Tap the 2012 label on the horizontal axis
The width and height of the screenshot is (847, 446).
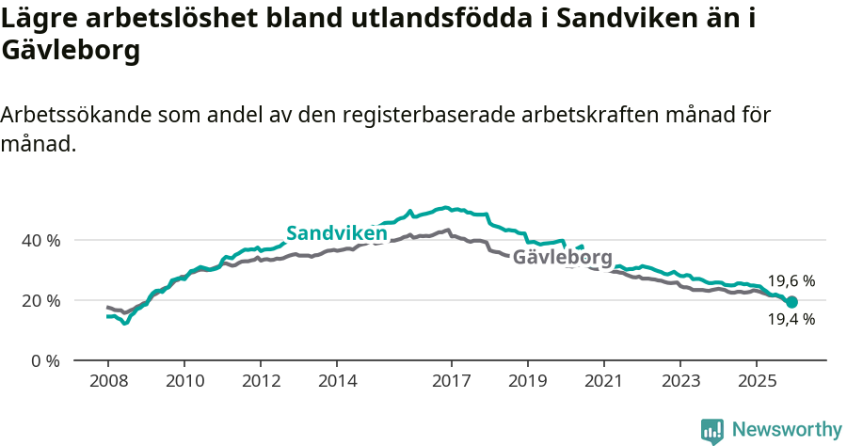click(x=261, y=381)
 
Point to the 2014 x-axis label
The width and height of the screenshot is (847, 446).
click(x=337, y=381)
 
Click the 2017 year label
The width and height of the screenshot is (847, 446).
click(x=451, y=381)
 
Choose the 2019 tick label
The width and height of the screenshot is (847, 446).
click(x=527, y=381)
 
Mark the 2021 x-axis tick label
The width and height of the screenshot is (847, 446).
click(x=603, y=381)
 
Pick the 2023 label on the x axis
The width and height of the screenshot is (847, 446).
click(x=680, y=381)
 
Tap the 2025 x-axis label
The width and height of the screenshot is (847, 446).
click(x=757, y=381)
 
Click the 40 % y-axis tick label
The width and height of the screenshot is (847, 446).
click(x=40, y=240)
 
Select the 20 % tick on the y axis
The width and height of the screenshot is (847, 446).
click(x=40, y=300)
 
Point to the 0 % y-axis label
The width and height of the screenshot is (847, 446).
click(x=44, y=360)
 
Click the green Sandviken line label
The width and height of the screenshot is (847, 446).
click(x=337, y=232)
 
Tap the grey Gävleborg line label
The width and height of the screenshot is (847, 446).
click(x=563, y=257)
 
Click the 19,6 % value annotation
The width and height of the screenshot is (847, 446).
click(x=791, y=280)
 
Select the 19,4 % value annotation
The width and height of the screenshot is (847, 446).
click(x=791, y=319)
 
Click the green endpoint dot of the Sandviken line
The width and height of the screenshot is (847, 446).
click(x=791, y=302)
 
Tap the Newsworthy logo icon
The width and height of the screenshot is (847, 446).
click(x=712, y=431)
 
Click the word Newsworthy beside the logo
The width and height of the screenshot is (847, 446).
click(x=787, y=430)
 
